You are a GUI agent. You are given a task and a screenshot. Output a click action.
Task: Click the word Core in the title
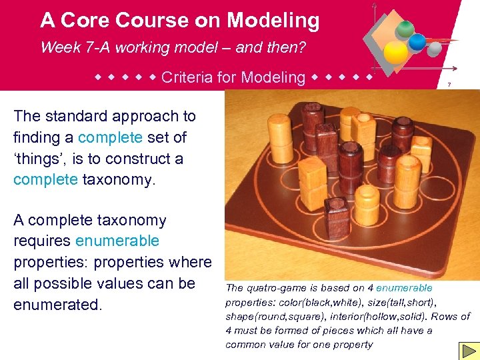(x=87, y=21)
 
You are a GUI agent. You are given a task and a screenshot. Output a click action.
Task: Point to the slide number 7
(x=449, y=85)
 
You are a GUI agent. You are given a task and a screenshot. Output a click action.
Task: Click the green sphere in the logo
(x=405, y=29)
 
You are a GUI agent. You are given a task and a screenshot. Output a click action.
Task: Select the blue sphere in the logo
(x=418, y=42)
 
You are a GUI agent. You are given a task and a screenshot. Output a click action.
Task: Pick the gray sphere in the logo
(x=434, y=49)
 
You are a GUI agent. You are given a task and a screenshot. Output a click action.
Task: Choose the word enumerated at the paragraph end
(x=56, y=305)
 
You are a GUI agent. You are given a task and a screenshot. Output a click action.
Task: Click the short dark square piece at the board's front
(x=338, y=221)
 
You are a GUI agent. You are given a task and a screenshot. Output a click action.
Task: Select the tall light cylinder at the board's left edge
(x=259, y=139)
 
